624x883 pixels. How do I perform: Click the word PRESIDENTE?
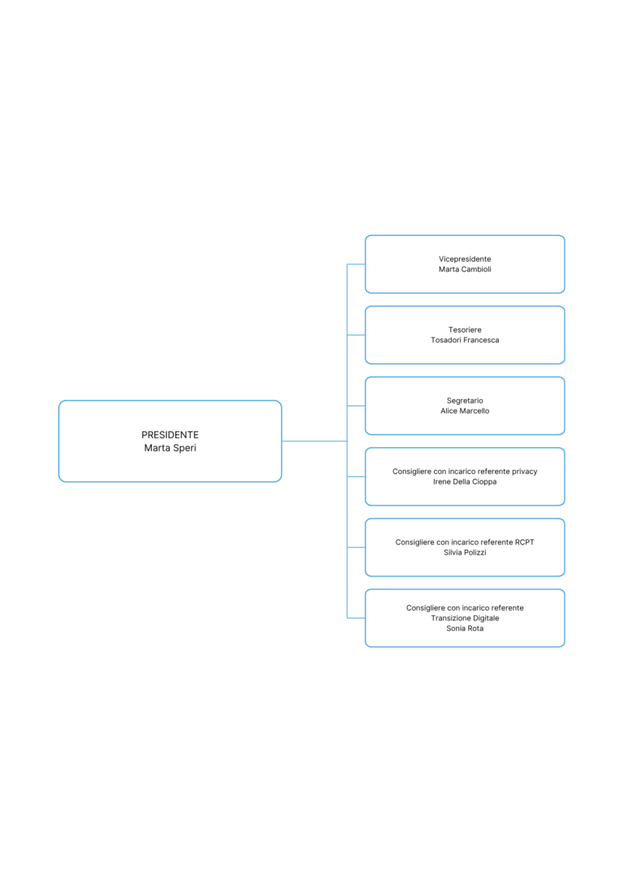[170, 435]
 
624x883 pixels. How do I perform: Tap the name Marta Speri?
[170, 448]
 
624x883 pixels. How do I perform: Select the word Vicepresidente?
[465, 259]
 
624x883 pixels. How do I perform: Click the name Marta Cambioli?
[465, 269]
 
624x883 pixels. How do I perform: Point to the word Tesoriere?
[465, 330]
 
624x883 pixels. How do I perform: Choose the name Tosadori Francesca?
[465, 340]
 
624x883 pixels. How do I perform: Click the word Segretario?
[465, 401]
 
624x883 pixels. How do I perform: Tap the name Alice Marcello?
[465, 411]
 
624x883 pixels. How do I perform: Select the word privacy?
[524, 472]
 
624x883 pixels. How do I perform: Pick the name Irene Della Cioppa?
[465, 482]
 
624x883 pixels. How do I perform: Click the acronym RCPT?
[524, 542]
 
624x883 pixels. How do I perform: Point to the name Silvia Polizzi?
[465, 552]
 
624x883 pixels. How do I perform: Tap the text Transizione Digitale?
[465, 618]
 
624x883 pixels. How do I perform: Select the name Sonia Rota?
[465, 629]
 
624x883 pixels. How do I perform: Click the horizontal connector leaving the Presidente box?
[314, 441]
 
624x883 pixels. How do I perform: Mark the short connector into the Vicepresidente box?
[356, 264]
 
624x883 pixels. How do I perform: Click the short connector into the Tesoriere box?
[356, 335]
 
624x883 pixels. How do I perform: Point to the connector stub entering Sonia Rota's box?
[356, 618]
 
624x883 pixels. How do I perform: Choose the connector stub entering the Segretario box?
[356, 406]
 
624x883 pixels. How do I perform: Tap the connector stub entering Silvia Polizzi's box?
[356, 547]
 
